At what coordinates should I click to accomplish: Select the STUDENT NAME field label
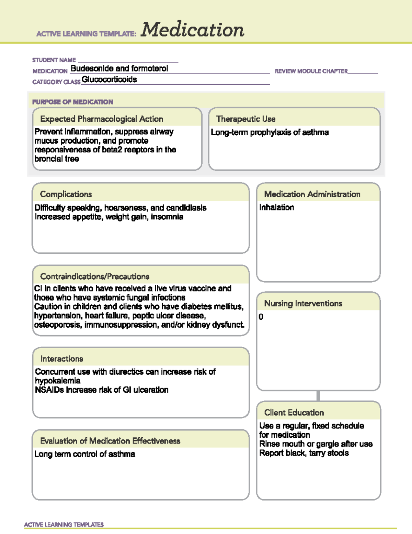tap(54, 60)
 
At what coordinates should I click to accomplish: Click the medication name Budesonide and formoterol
tap(119, 68)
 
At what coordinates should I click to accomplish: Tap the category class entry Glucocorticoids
tap(109, 79)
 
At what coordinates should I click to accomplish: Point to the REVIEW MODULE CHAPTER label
tap(311, 71)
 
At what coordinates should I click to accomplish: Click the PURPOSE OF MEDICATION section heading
tap(72, 102)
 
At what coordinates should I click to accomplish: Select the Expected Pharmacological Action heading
tap(102, 119)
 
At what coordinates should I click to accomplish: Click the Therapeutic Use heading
tap(246, 119)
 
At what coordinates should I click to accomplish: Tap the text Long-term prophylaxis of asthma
tap(270, 132)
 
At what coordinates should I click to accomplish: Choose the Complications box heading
tap(66, 194)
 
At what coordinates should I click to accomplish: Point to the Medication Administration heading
tap(312, 194)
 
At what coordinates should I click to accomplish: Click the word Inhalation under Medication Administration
tap(276, 207)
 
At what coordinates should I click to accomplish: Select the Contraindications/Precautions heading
tap(95, 276)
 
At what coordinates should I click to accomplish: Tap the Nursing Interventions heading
tap(303, 303)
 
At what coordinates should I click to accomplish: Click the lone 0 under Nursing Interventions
tap(261, 317)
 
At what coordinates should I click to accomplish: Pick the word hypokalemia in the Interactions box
tap(58, 381)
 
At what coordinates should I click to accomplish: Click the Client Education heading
tap(294, 413)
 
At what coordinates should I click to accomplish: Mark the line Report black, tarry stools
tap(304, 453)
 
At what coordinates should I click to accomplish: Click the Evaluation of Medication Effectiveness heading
tap(110, 441)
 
